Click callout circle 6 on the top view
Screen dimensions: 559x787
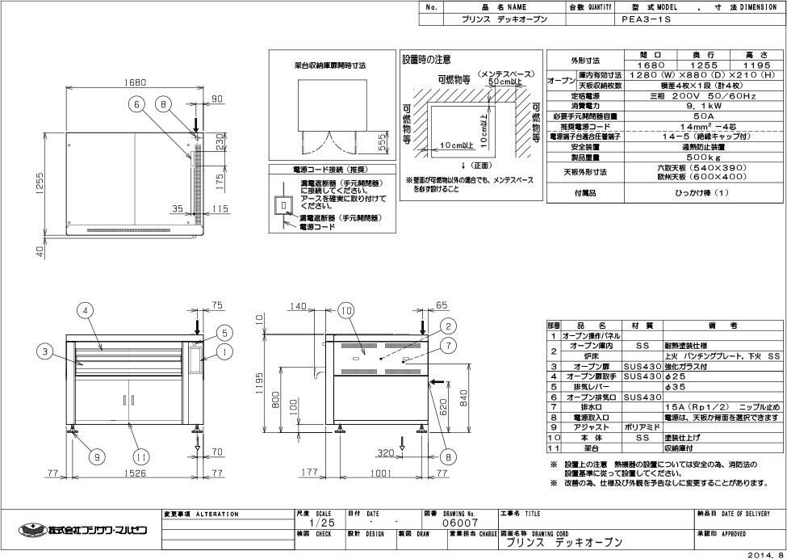pos(138,104)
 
